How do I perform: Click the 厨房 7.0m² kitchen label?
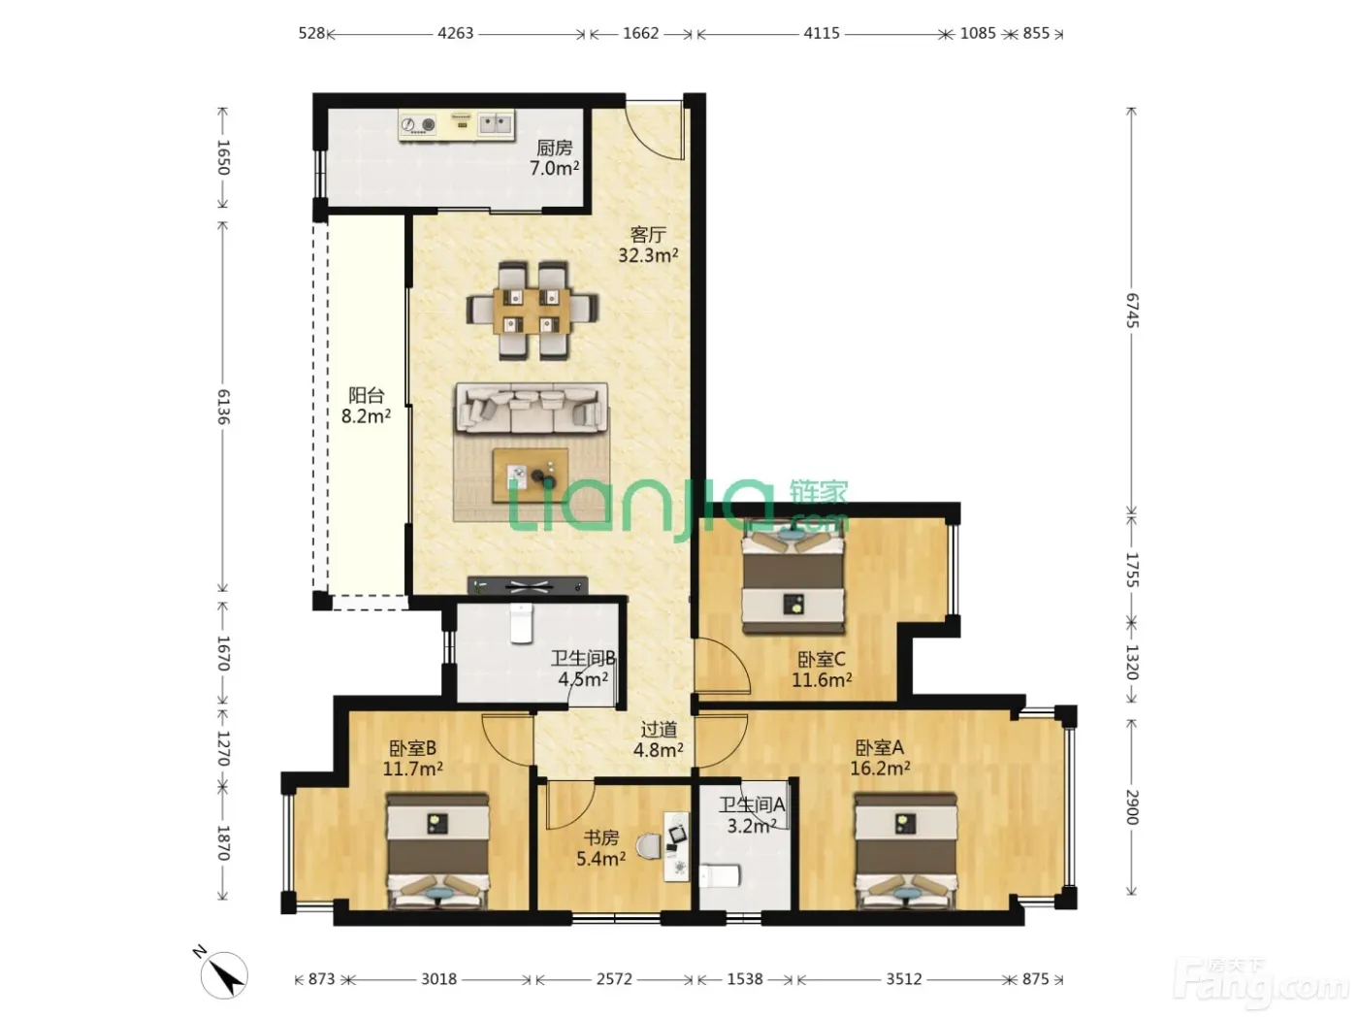pyautogui.click(x=554, y=158)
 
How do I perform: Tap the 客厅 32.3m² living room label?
pyautogui.click(x=648, y=245)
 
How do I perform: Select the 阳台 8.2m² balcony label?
pyautogui.click(x=366, y=406)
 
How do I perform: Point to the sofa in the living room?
pyautogui.click(x=532, y=408)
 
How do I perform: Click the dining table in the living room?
pyautogui.click(x=533, y=311)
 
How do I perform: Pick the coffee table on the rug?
pyautogui.click(x=531, y=476)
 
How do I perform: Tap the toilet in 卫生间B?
pyautogui.click(x=521, y=623)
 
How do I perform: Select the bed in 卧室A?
pyautogui.click(x=905, y=851)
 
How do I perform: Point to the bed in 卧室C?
pyautogui.click(x=793, y=576)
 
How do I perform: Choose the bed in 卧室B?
pyautogui.click(x=438, y=851)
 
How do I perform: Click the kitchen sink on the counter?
pyautogui.click(x=495, y=125)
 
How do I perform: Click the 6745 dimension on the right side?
pyautogui.click(x=1132, y=310)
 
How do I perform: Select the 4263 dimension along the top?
pyautogui.click(x=455, y=33)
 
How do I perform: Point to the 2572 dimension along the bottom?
pyautogui.click(x=614, y=979)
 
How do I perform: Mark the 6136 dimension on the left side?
pyautogui.click(x=223, y=407)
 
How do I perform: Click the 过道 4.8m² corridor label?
pyautogui.click(x=659, y=740)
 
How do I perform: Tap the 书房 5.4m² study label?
pyautogui.click(x=600, y=848)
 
